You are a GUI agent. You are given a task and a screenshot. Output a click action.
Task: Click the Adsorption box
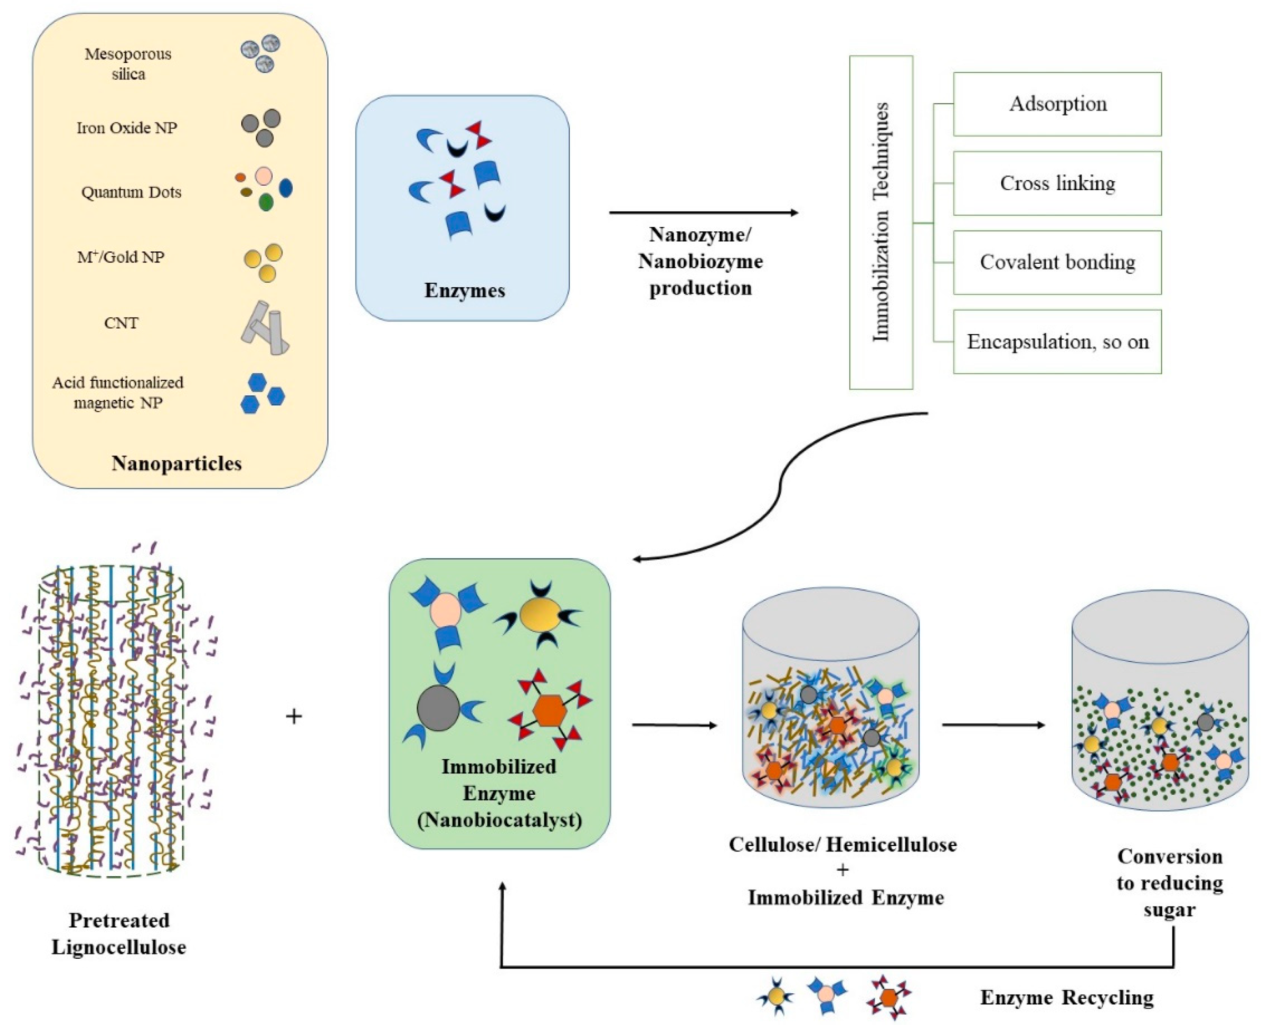tap(1057, 104)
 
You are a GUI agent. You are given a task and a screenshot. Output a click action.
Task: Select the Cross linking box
tap(1057, 183)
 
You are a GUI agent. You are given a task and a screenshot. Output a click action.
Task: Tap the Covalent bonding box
tap(1057, 262)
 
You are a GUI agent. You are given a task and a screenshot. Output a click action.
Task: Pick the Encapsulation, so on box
tap(1057, 342)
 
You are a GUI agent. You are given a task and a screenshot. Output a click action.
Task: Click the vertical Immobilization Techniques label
tap(881, 223)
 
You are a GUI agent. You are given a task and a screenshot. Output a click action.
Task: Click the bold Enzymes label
tap(465, 290)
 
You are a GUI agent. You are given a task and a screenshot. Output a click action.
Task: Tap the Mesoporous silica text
tap(128, 64)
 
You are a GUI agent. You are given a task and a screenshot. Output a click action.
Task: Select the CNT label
tap(121, 323)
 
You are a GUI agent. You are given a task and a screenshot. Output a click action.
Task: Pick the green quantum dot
tap(266, 202)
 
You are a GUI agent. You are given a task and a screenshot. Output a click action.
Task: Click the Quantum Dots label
tap(131, 192)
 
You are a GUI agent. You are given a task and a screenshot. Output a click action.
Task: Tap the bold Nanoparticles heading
tap(176, 463)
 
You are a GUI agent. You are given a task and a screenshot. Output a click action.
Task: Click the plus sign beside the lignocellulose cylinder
tap(294, 716)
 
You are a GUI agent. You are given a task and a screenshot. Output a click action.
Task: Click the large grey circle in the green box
tap(439, 708)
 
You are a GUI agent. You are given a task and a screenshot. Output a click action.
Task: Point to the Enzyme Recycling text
tap(1066, 997)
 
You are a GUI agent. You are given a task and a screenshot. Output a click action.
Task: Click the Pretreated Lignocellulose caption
tap(119, 933)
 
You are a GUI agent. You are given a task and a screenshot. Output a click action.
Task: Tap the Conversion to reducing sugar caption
tap(1170, 883)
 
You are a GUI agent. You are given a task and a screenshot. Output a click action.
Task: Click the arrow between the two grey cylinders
tap(993, 725)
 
